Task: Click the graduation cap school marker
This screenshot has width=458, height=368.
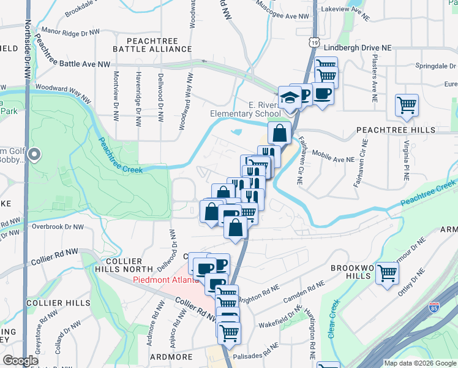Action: (x=289, y=97)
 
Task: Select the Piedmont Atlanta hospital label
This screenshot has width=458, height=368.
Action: (x=167, y=281)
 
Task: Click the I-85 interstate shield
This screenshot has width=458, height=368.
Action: (x=434, y=306)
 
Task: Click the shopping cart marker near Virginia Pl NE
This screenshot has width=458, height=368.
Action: (x=407, y=105)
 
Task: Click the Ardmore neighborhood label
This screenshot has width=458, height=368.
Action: (x=171, y=356)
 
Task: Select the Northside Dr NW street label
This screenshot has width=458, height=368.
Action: (x=28, y=49)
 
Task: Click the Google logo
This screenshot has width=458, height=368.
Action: (x=21, y=361)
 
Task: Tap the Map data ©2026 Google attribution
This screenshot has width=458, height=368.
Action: (x=419, y=363)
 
